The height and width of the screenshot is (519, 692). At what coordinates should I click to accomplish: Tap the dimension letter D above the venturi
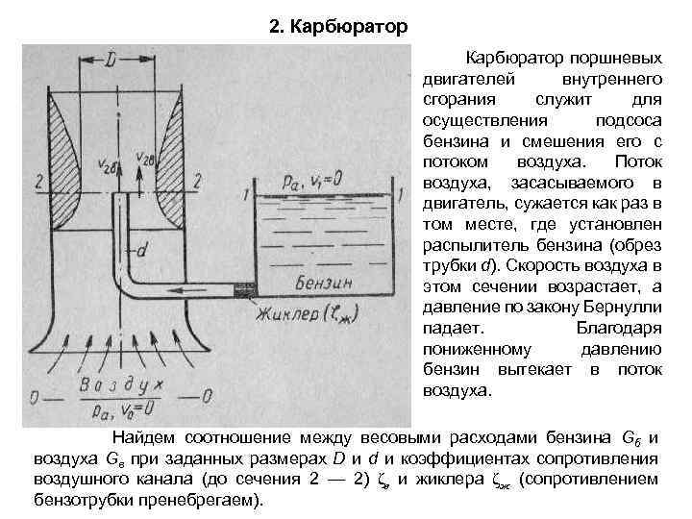[x=112, y=61]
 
